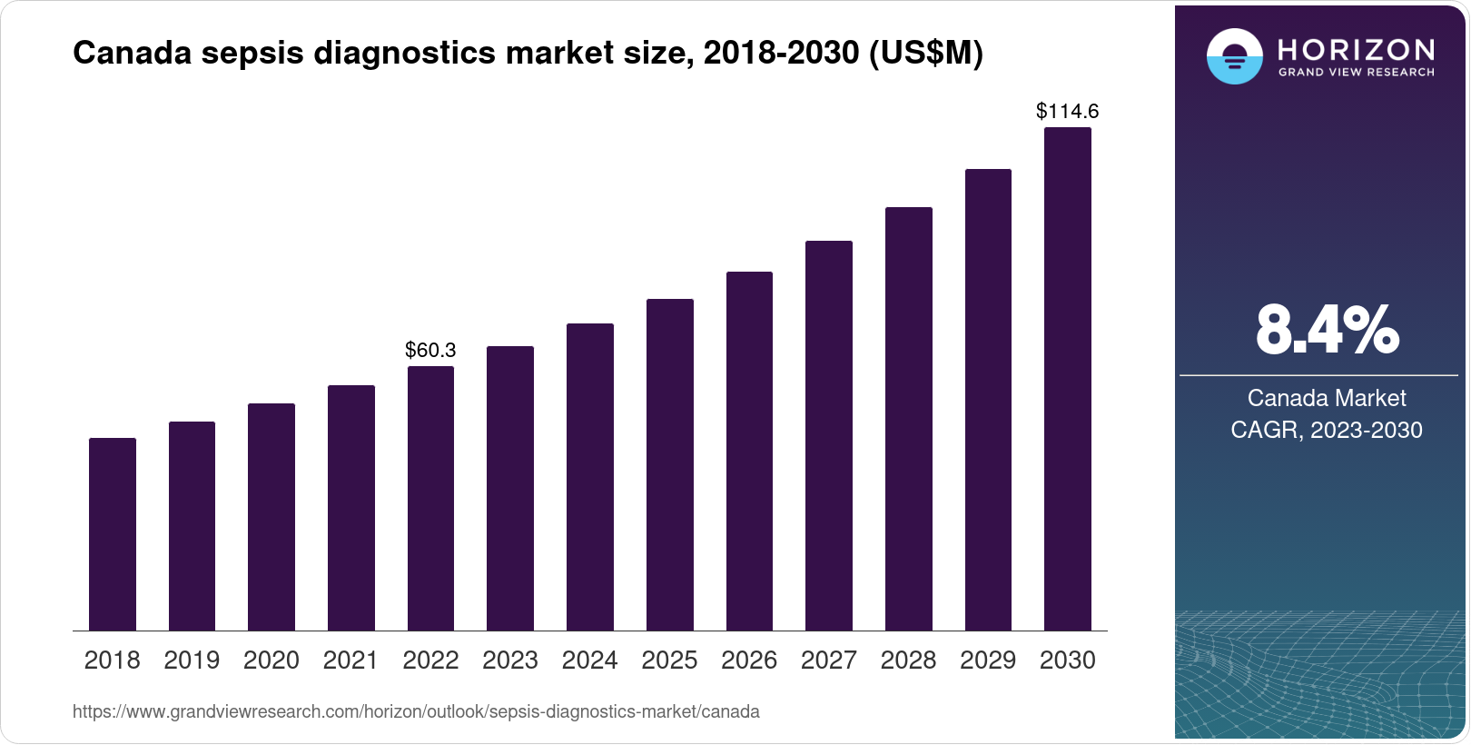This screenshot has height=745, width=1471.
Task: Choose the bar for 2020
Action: pos(271,517)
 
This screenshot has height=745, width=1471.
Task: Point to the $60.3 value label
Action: pos(430,350)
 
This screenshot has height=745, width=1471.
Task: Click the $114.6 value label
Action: pos(1067,111)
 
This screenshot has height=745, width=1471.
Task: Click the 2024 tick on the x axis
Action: pos(589,660)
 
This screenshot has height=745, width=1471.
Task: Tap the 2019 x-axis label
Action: pos(192,660)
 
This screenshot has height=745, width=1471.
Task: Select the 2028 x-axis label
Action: pos(908,660)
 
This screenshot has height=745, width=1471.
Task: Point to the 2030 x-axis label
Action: pos(1067,660)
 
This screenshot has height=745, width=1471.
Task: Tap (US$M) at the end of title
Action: pos(926,54)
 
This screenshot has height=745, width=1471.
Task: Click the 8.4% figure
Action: pos(1327,331)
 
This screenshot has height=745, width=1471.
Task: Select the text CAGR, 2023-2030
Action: pos(1326,430)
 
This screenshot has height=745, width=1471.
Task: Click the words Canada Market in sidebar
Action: pos(1326,398)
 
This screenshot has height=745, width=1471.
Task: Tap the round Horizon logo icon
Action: pos(1234,56)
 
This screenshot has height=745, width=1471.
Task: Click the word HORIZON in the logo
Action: pos(1357,49)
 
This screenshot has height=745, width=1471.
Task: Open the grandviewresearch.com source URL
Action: pos(416,711)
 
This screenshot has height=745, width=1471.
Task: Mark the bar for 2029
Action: pos(988,400)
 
